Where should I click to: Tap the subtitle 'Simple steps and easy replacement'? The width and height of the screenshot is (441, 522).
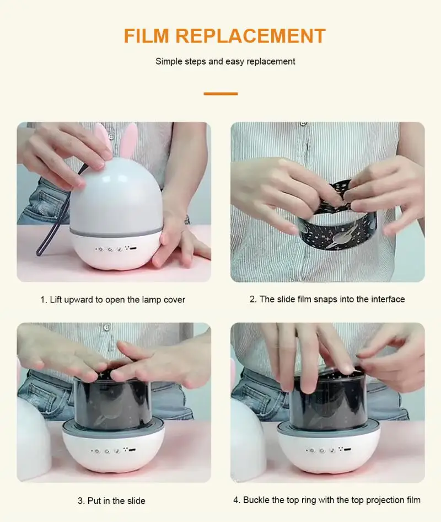(x=225, y=62)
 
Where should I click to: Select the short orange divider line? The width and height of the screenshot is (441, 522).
(x=220, y=94)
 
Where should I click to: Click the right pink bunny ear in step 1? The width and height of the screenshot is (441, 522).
(x=128, y=140)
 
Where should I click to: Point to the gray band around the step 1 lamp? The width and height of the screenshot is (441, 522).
(x=116, y=231)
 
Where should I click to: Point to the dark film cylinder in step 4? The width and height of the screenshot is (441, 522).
(x=327, y=402)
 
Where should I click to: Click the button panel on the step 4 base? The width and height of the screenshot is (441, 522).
(x=328, y=450)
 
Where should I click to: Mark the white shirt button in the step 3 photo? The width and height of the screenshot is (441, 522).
(x=106, y=328)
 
